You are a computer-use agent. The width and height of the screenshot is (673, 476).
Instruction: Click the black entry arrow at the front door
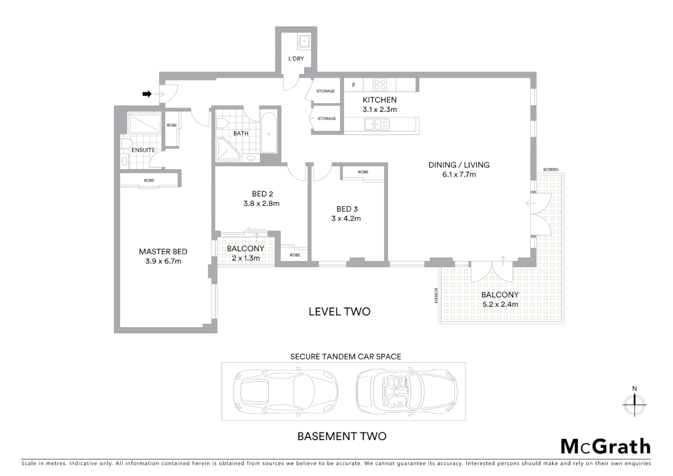pyautogui.click(x=147, y=94)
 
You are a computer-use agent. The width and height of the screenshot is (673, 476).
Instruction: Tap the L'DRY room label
pyautogui.click(x=296, y=59)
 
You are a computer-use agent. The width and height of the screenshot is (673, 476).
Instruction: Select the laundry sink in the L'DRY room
pyautogui.click(x=304, y=41)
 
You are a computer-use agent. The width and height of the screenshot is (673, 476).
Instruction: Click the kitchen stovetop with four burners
pyautogui.click(x=380, y=84)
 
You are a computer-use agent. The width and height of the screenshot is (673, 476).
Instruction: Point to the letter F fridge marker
pyautogui.click(x=353, y=85)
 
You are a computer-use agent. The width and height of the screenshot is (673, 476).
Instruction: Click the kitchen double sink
pyautogui.click(x=377, y=125)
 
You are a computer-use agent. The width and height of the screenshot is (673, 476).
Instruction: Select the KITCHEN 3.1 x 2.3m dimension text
pyautogui.click(x=380, y=110)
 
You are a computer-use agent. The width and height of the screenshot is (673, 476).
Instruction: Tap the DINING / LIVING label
pyautogui.click(x=459, y=165)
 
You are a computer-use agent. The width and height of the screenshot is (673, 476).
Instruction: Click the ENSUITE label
pyautogui.click(x=143, y=150)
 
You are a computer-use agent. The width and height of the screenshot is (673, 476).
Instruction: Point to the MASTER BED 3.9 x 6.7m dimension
pyautogui.click(x=163, y=261)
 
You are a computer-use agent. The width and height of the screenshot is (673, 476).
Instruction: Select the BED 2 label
pyautogui.click(x=263, y=194)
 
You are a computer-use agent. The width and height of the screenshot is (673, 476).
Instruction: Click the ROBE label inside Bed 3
pyautogui.click(x=363, y=172)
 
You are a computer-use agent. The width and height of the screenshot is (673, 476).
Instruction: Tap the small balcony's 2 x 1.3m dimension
pyautogui.click(x=246, y=258)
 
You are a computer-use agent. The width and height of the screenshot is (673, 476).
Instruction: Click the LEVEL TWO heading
pyautogui.click(x=340, y=312)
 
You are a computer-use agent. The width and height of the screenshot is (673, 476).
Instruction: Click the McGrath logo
pyautogui.click(x=605, y=446)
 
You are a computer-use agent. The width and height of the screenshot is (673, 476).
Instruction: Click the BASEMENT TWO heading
pyautogui.click(x=342, y=436)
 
